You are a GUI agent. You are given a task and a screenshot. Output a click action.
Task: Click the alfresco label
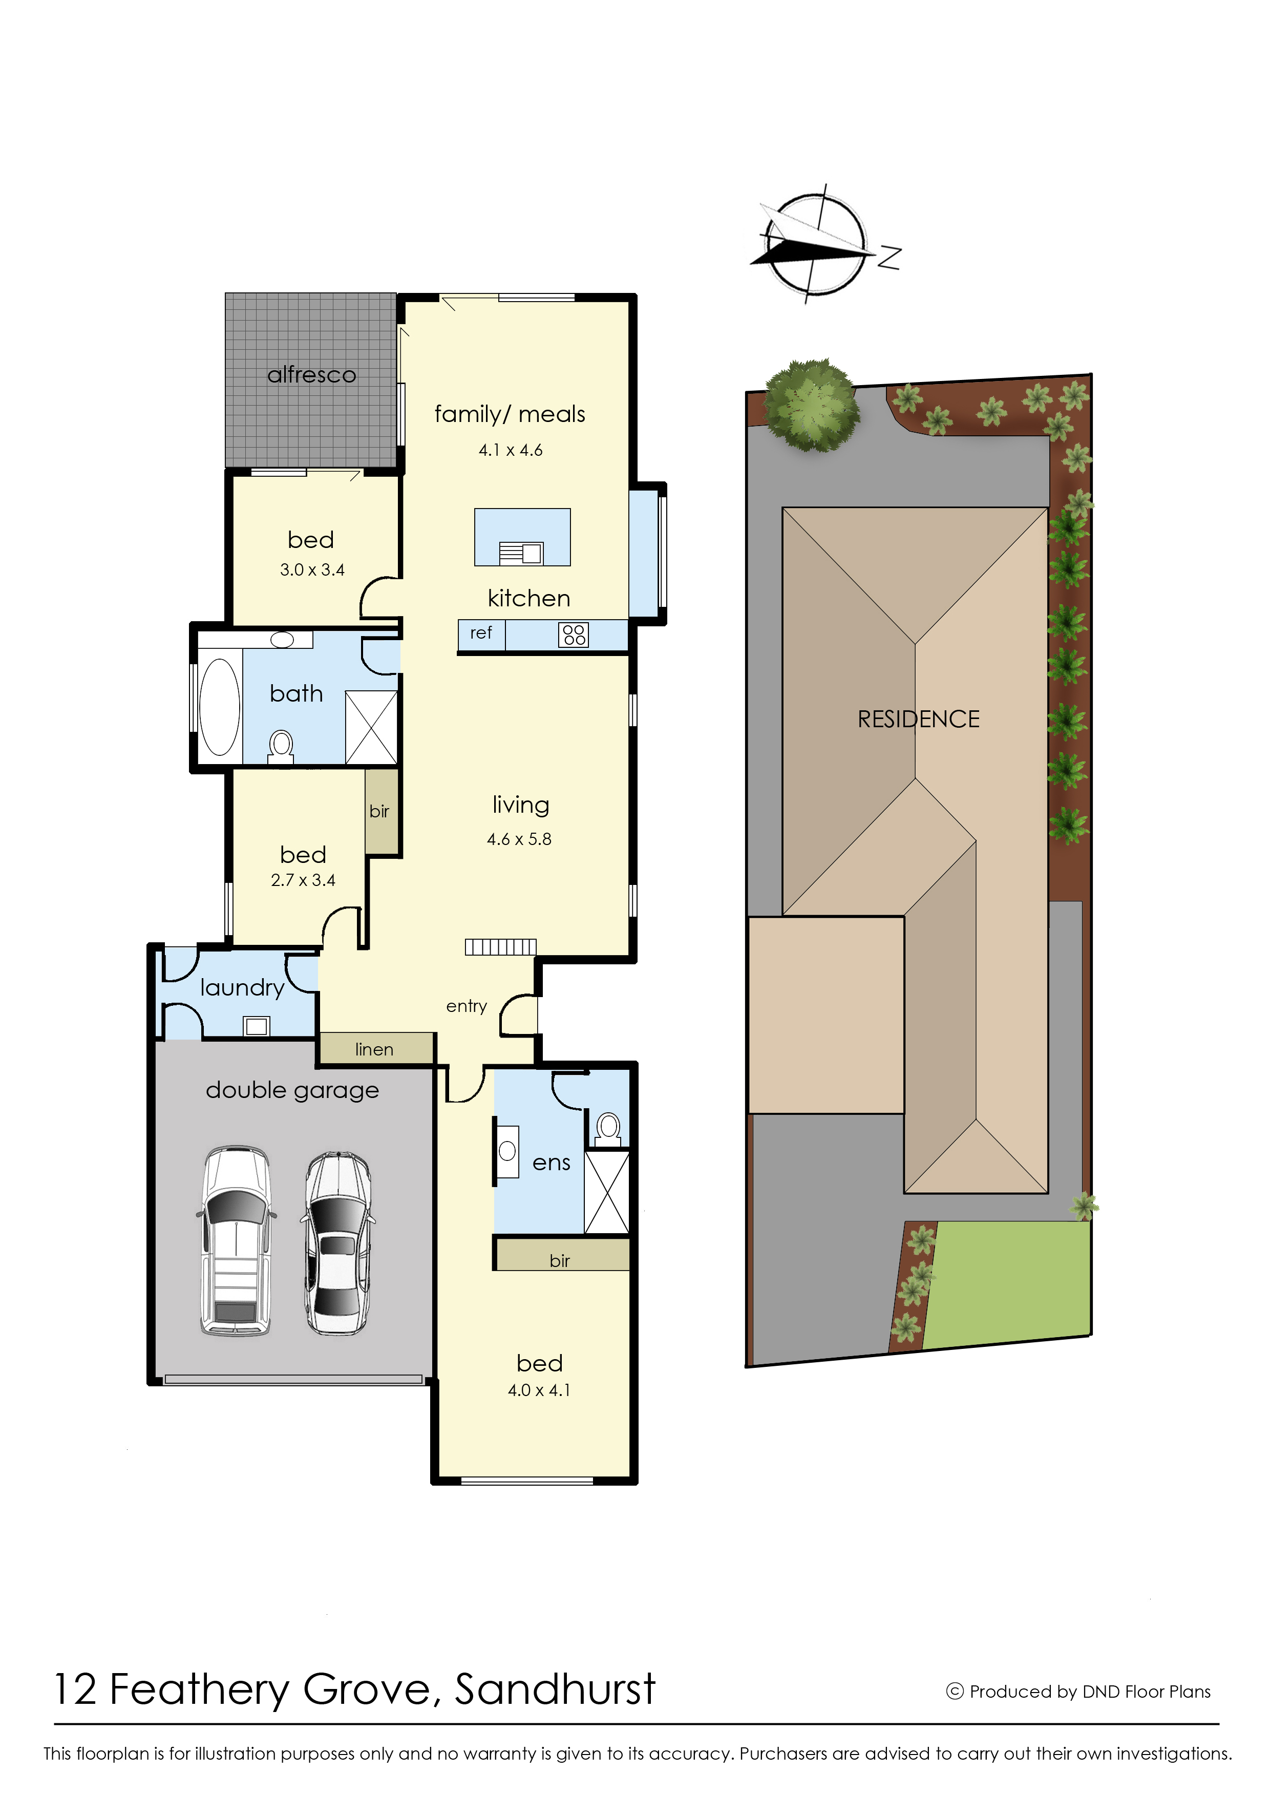coord(311,375)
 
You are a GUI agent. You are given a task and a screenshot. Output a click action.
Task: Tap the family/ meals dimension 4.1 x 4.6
coord(511,451)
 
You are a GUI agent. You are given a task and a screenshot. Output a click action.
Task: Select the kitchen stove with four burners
coord(573,635)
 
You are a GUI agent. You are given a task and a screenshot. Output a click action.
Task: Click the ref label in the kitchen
coord(481,633)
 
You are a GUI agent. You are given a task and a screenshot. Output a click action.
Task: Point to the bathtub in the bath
coord(220,706)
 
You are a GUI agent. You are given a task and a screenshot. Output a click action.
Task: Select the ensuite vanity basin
coord(507,1151)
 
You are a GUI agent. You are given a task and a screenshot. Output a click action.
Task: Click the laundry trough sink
coord(257,1025)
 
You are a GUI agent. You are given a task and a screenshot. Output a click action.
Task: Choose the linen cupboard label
coord(374,1050)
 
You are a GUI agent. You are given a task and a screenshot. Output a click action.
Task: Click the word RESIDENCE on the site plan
coord(918,720)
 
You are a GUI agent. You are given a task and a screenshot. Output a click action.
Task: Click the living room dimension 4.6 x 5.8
coord(519,839)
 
